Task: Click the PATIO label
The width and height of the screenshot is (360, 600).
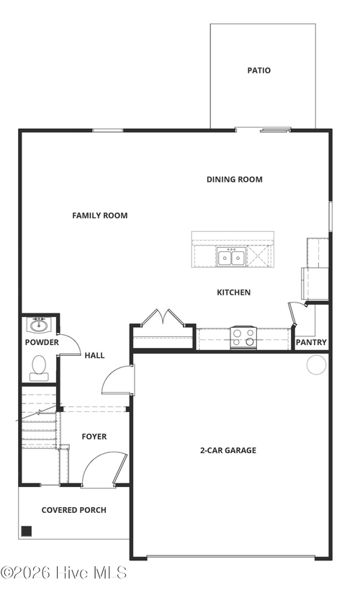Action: (258, 71)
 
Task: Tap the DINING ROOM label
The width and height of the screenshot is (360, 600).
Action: (234, 179)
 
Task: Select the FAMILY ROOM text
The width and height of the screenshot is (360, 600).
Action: (99, 215)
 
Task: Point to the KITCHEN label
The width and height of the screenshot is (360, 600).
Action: (233, 292)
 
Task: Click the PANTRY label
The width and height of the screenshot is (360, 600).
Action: (311, 343)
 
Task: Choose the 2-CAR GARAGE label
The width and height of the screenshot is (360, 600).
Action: (228, 451)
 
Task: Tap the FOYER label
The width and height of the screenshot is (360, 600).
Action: (94, 436)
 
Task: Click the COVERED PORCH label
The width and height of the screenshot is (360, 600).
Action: (73, 510)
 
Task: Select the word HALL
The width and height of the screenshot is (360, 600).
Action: (94, 355)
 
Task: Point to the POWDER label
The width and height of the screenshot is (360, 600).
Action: (42, 343)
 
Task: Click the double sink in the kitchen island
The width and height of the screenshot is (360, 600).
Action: (231, 257)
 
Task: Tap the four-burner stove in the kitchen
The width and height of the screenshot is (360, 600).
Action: (243, 337)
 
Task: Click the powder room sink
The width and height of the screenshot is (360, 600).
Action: (40, 324)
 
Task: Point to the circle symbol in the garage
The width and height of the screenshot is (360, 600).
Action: (316, 365)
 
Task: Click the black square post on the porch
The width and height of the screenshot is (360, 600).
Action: (27, 532)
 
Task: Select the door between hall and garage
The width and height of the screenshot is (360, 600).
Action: (118, 380)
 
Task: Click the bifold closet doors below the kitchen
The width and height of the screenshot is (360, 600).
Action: (163, 318)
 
